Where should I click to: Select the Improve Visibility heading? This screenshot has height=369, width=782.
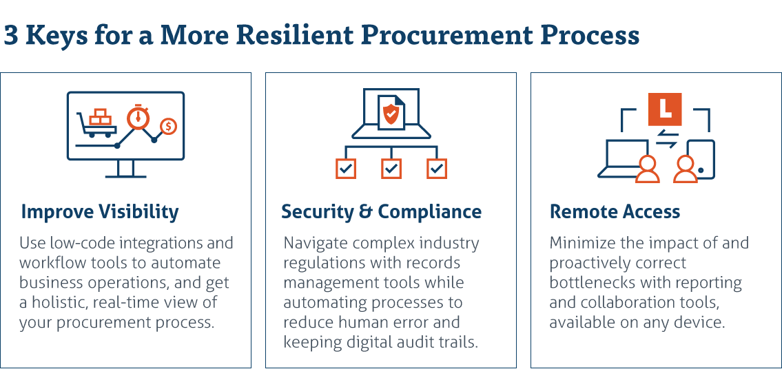point(100,212)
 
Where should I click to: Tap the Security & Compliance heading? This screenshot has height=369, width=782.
point(382,212)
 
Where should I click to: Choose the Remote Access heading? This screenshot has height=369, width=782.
point(615,212)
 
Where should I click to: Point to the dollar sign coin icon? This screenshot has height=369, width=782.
point(169,127)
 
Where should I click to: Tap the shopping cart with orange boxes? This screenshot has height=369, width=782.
point(97,123)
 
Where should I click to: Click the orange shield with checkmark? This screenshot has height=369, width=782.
point(391,114)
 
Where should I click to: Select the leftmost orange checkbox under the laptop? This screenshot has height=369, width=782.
point(346,169)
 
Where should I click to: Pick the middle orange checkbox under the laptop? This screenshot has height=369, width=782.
point(391,169)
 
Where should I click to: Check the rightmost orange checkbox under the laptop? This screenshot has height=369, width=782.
point(437,169)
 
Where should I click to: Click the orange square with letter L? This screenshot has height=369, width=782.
point(665,109)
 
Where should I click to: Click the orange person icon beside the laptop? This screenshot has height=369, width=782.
point(648,169)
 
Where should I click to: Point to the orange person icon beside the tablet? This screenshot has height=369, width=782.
point(685,169)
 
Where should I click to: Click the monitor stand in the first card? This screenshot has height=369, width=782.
point(125,169)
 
